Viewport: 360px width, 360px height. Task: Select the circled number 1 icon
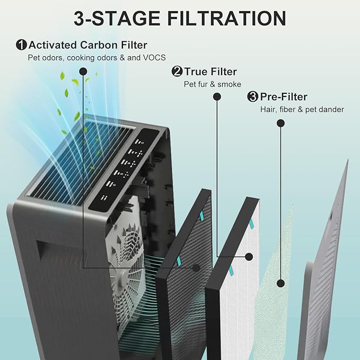pos(22,45)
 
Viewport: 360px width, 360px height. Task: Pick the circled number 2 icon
pos(177,72)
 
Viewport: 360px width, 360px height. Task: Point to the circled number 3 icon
pos(253,96)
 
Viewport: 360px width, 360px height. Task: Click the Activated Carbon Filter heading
pos(88,45)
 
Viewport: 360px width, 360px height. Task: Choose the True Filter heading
pos(210,72)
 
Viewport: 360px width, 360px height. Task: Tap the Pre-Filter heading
pos(284,96)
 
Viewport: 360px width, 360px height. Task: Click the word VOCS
pos(160,58)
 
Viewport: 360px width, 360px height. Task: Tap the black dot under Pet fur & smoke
pos(217,96)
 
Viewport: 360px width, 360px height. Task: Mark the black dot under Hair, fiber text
pos(280,123)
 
